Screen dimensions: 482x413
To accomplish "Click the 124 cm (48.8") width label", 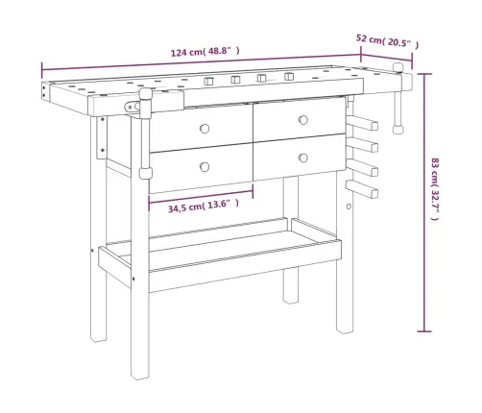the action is pos(205,51).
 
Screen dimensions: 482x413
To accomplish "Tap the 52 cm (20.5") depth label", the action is pos(387,41).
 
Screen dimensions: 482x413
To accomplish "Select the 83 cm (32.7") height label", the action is pos(435,189).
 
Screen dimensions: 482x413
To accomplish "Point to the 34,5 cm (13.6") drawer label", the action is pos(204,206).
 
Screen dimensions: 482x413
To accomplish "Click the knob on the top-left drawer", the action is pos(205,129).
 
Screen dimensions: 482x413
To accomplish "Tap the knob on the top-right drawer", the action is pos(303,120).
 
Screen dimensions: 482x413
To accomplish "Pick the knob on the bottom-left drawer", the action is pos(205,167).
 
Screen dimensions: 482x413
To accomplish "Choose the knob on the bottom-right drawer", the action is pos(303,158).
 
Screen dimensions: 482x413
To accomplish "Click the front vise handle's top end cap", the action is pos(145,95).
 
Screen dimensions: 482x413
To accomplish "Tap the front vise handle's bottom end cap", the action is pos(145,174).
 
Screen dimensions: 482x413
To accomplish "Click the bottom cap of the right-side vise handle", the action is pos(398,129).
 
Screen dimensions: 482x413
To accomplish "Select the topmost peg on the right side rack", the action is pos(364,123).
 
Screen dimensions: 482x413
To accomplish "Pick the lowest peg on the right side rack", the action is pos(363,189).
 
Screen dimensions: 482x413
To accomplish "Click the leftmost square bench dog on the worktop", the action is pos(208,81).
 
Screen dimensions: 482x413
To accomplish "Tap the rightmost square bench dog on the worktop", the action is pos(289,76).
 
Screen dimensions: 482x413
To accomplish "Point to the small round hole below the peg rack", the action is pos(349,206).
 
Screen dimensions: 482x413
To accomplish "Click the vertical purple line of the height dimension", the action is pos(424,203).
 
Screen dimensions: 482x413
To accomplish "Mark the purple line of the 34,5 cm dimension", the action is pos(201,196).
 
